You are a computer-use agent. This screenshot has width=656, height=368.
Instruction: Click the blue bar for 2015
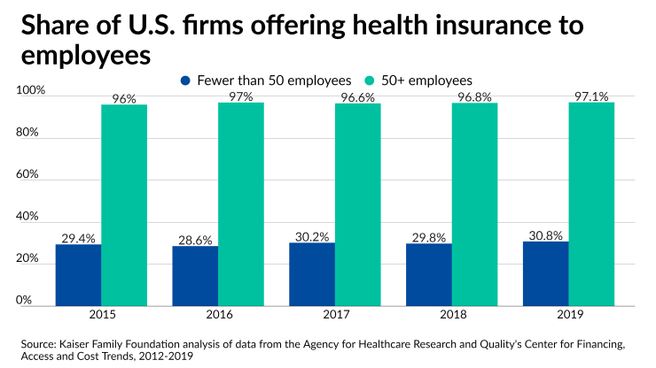78,275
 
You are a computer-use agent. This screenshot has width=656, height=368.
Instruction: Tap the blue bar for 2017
312,274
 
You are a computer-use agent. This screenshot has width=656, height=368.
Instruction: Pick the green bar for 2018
475,204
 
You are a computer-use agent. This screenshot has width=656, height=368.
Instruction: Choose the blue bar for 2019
545,273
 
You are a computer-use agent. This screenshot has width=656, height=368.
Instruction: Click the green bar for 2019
591,203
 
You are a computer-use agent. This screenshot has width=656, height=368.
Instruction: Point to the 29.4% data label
78,238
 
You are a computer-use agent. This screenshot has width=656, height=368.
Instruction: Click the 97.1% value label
591,96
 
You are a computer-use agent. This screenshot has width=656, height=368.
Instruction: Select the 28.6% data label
195,240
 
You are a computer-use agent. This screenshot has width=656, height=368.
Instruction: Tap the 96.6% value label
358,97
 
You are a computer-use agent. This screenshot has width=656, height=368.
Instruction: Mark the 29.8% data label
428,237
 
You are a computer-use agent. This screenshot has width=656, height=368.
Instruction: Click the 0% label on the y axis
25,300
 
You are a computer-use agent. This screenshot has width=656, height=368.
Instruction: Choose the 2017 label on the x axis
334,315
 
